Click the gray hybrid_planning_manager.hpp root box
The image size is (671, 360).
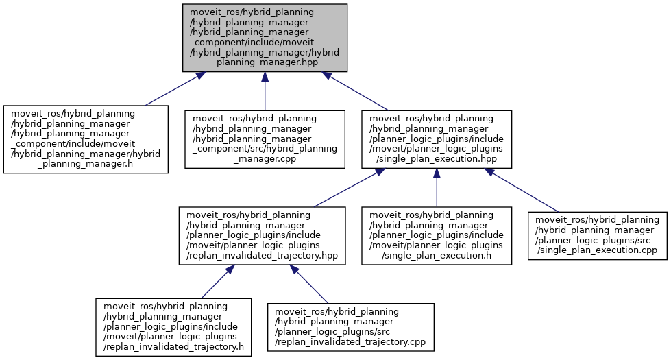click(265, 37)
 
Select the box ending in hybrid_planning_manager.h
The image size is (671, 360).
click(86, 139)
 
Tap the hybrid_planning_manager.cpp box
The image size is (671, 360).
click(265, 139)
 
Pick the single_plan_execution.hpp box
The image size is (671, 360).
click(437, 139)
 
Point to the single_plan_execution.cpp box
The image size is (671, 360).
click(597, 235)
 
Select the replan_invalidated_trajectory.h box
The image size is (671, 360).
click(171, 327)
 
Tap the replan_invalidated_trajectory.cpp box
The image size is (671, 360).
click(350, 327)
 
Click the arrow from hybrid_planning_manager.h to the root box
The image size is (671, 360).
click(171, 88)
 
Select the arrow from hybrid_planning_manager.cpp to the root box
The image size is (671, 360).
click(265, 89)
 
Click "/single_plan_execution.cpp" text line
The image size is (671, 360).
click(597, 251)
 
